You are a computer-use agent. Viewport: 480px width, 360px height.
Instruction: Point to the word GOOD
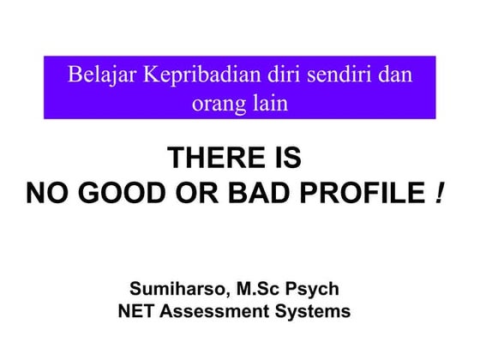tap(117, 194)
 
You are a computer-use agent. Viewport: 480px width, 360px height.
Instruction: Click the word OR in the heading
tap(187, 194)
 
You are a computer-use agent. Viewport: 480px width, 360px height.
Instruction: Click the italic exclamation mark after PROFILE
tap(439, 194)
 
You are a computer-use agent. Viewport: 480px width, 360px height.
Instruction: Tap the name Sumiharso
tap(175, 288)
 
